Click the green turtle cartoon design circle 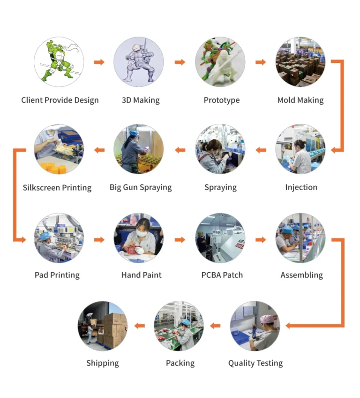click(x=59, y=62)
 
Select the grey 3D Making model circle click(x=140, y=62)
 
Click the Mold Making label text click(x=300, y=100)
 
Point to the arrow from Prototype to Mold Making click(x=261, y=62)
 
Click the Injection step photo click(x=300, y=149)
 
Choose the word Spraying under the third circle click(x=220, y=187)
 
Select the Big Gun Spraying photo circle click(x=140, y=149)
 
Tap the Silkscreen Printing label click(x=57, y=187)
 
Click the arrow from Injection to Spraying click(x=261, y=150)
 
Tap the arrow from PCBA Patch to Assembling click(x=261, y=239)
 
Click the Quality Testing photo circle click(x=255, y=326)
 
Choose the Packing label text click(x=180, y=363)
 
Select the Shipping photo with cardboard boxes click(x=102, y=326)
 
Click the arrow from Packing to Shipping click(x=140, y=326)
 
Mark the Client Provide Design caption click(x=60, y=100)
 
